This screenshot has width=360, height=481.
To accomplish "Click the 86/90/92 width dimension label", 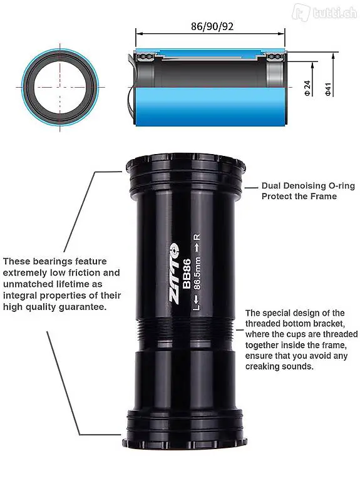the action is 212,26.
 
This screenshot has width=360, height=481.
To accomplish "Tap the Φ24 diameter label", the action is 307,88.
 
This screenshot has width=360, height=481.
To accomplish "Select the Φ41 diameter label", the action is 328,89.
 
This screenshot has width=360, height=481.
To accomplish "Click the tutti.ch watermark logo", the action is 324,13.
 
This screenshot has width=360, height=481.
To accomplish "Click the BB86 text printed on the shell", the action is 187,274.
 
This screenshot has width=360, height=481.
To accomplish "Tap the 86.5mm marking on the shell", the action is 197,273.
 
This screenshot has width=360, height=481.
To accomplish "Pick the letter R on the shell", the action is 197,237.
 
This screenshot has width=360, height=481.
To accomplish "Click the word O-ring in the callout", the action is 342,185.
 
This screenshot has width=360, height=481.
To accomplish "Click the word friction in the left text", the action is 84,272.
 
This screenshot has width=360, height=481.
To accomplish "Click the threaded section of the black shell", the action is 185,333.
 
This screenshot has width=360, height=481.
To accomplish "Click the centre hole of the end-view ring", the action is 60,87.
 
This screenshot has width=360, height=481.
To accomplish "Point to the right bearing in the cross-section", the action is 275,57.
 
